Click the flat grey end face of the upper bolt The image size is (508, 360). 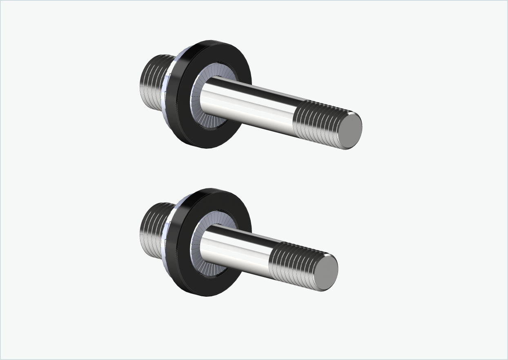(x=350, y=131)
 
